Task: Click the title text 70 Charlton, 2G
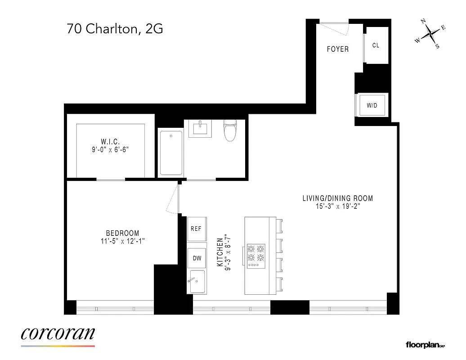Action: (x=115, y=30)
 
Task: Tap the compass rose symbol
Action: (x=430, y=33)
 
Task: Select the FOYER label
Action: (x=337, y=49)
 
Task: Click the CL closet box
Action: (x=376, y=45)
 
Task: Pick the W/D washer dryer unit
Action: (x=372, y=105)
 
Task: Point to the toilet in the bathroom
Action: (x=229, y=130)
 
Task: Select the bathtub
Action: (x=171, y=153)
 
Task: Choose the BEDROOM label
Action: (x=122, y=233)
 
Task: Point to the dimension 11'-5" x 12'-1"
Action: (x=122, y=241)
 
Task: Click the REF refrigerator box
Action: (x=196, y=229)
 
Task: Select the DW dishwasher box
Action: (x=197, y=258)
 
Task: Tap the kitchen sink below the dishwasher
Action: (x=197, y=282)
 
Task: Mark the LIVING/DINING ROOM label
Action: (x=337, y=198)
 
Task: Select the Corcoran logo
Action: (x=58, y=335)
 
